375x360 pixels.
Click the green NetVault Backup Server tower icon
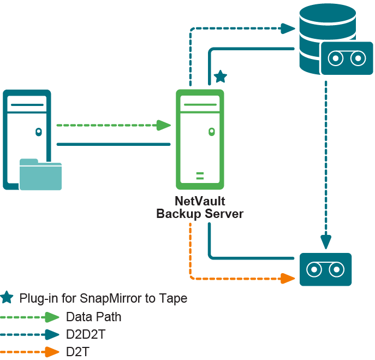click(x=200, y=139)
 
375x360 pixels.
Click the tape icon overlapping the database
click(x=342, y=58)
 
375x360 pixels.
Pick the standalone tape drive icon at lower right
click(x=325, y=269)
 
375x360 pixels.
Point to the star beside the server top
click(x=220, y=76)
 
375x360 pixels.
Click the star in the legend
click(x=7, y=298)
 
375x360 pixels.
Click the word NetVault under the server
click(x=200, y=200)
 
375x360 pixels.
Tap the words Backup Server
click(x=200, y=214)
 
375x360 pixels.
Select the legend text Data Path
click(x=93, y=317)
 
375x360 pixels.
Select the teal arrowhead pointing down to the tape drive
click(x=326, y=241)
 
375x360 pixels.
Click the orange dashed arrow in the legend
click(x=30, y=352)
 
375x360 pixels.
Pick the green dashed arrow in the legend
click(x=30, y=317)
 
